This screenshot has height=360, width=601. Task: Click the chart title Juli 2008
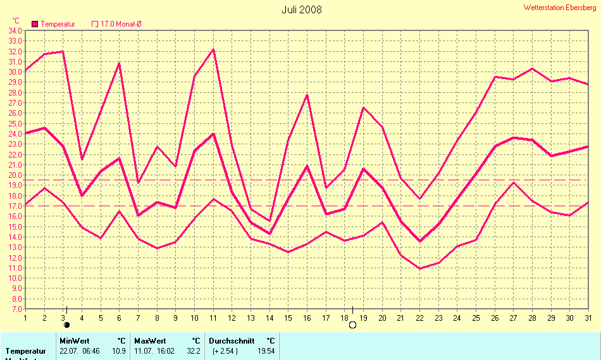pyautogui.click(x=301, y=9)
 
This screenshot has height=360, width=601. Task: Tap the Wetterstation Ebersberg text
pyautogui.click(x=559, y=8)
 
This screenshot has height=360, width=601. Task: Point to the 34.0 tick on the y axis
pyautogui.click(x=15, y=30)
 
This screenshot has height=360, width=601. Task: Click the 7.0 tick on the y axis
pyautogui.click(x=15, y=309)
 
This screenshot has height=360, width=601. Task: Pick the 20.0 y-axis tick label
pyautogui.click(x=15, y=175)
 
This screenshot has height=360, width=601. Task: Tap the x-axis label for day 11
pyautogui.click(x=213, y=318)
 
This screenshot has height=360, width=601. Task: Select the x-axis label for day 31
pyautogui.click(x=588, y=318)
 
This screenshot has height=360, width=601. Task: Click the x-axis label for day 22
pyautogui.click(x=419, y=318)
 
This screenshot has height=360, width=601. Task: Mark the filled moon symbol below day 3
pyautogui.click(x=66, y=325)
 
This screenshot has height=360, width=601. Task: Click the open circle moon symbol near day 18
pyautogui.click(x=352, y=325)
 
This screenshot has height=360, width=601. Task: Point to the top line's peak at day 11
pyautogui.click(x=213, y=49)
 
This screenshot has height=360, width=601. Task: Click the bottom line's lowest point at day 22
pyautogui.click(x=419, y=269)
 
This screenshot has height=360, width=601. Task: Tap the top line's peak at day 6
pyautogui.click(x=119, y=63)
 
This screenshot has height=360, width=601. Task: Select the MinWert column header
pyautogui.click(x=74, y=340)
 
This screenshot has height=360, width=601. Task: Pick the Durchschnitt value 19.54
pyautogui.click(x=266, y=351)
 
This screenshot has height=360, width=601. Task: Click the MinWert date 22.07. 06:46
pyautogui.click(x=80, y=351)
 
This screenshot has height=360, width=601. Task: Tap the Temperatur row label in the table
pyautogui.click(x=26, y=351)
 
